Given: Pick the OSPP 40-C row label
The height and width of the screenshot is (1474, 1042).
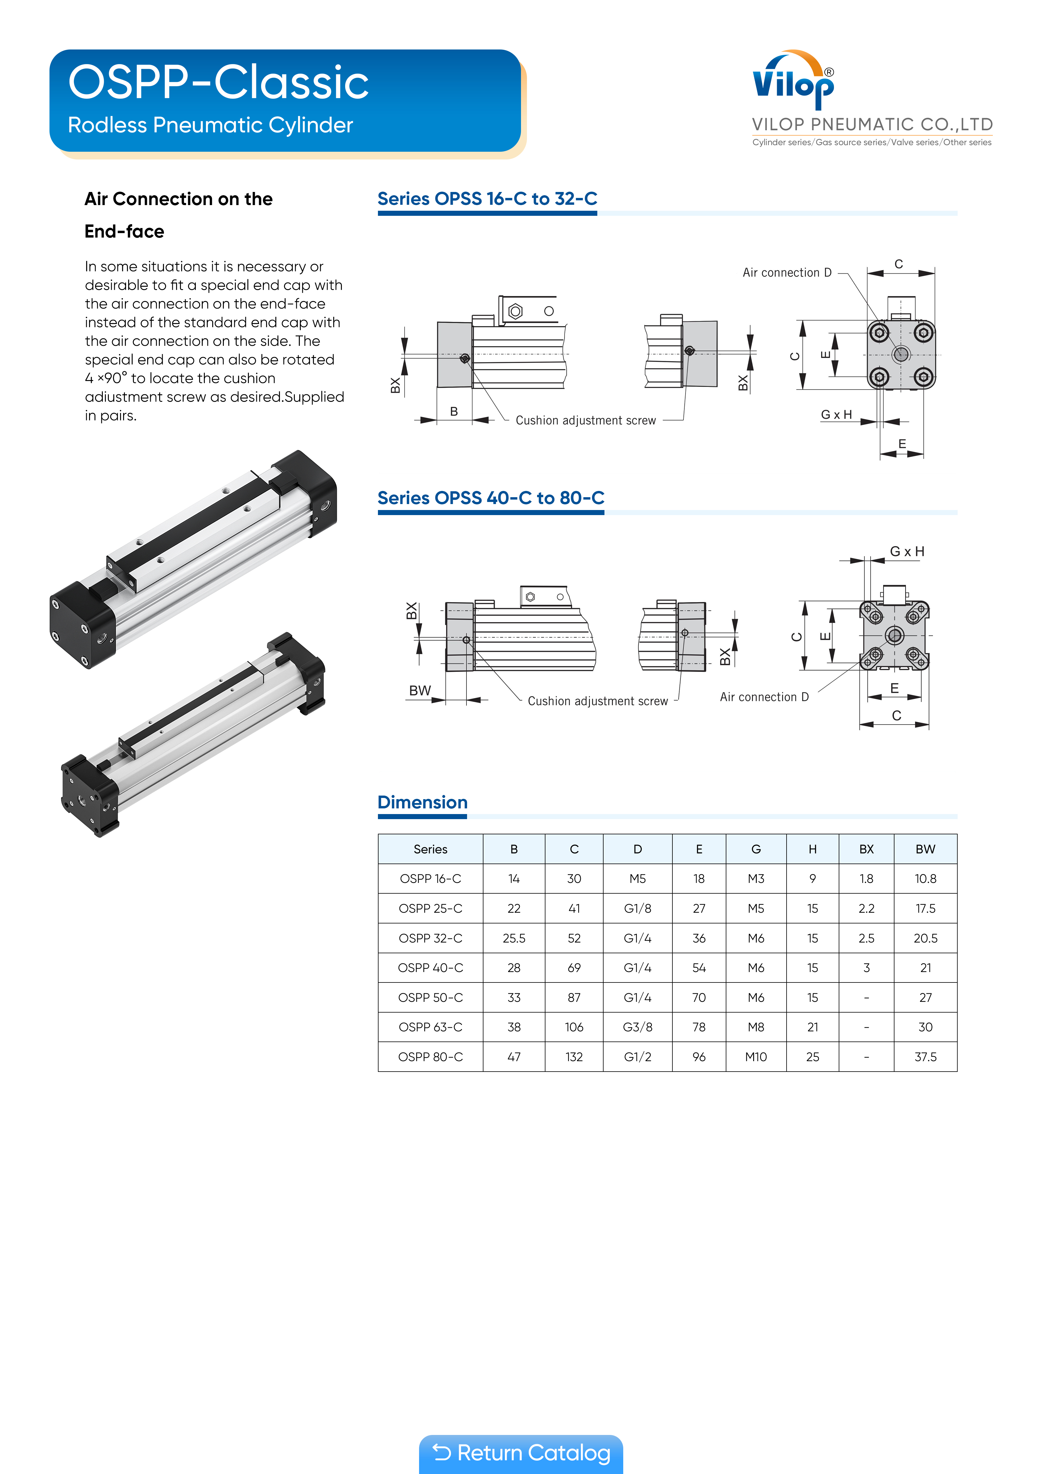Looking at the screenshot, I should [x=430, y=968].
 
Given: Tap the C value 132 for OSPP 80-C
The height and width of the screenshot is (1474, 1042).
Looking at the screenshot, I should [x=574, y=1057].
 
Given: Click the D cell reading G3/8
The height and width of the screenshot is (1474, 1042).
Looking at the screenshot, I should [x=638, y=1027].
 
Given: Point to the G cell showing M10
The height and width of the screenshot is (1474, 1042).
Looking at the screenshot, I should [x=756, y=1057].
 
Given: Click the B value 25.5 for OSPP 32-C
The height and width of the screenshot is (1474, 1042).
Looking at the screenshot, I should [x=514, y=938].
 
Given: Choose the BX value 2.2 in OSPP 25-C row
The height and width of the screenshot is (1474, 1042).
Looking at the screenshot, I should [x=866, y=909].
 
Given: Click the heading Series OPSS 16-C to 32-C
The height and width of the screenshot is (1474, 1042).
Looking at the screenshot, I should [x=487, y=199].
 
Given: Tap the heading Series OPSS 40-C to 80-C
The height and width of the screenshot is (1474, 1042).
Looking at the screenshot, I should [x=491, y=498].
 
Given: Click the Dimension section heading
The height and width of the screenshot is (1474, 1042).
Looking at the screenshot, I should [x=422, y=802].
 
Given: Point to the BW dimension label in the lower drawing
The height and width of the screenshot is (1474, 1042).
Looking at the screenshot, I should [x=420, y=691].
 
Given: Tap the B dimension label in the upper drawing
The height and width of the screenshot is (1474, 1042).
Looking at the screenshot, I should [x=454, y=412].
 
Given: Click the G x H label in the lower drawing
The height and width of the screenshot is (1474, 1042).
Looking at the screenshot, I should [x=906, y=551].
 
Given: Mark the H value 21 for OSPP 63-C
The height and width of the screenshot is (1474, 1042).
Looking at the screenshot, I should [x=812, y=1027].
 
